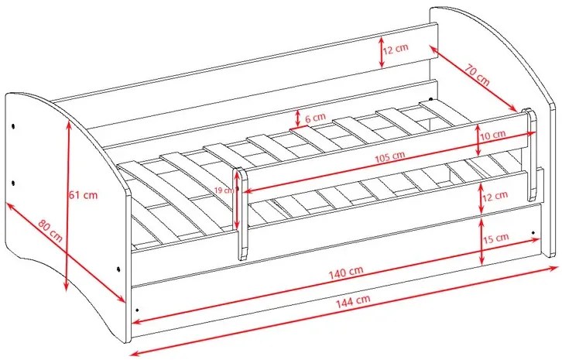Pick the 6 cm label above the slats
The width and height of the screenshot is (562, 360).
coord(315,118)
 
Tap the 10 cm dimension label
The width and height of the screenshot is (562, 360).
coord(495,135)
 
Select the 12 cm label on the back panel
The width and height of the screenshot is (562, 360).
coord(397,50)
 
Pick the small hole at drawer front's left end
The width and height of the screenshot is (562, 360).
coord(137,308)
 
